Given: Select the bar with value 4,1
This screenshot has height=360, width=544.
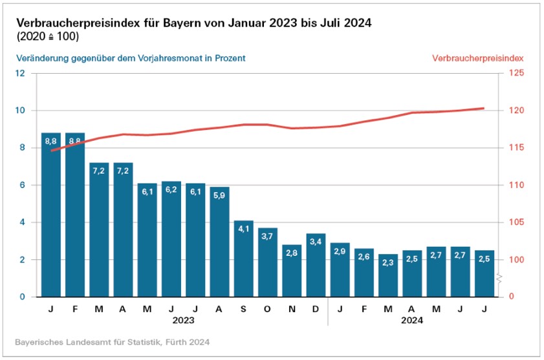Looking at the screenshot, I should point(243,259).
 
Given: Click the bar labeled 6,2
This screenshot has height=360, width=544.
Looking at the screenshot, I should point(171,239).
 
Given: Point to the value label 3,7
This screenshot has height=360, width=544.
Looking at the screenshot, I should point(267,237).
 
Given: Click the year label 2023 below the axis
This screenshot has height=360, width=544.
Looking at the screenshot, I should point(183,320).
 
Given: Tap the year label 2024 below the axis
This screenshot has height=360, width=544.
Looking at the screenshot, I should point(412,320).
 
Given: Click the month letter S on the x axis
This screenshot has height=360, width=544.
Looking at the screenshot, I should point(243,308).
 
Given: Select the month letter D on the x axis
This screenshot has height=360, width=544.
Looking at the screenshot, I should point(316,308).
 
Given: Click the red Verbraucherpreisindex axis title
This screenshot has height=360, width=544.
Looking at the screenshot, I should point(477,58).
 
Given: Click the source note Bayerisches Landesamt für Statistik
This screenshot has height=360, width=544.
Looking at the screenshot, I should point(112,341).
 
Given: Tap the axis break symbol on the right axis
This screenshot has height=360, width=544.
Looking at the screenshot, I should point(500,279).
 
